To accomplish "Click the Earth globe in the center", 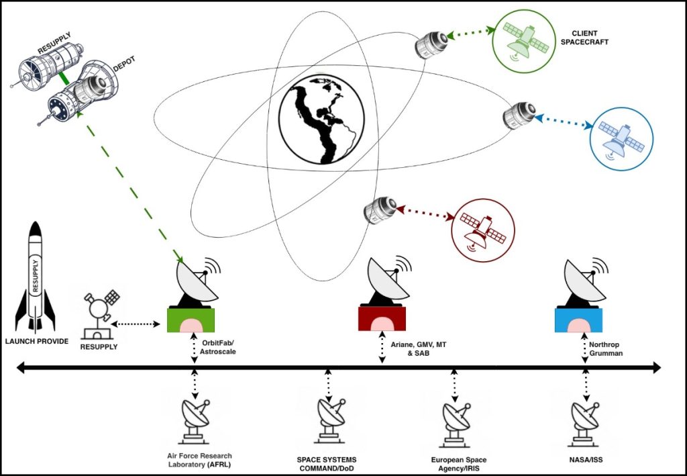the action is point(321,120).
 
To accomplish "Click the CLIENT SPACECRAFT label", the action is point(584,37).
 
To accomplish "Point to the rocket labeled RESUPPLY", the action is point(36,276).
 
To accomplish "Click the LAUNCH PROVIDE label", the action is point(37,341).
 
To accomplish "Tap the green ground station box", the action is point(191,320).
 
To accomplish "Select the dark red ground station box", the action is point(382,318).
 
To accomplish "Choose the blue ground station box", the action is point(578,320).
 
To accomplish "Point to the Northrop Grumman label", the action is point(606,349).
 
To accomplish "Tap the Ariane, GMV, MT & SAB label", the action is point(419,349).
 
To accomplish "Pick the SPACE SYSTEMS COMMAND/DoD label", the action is point(327,464).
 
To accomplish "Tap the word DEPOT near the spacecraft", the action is point(124,64).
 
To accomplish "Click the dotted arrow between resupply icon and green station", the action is point(136,324).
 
